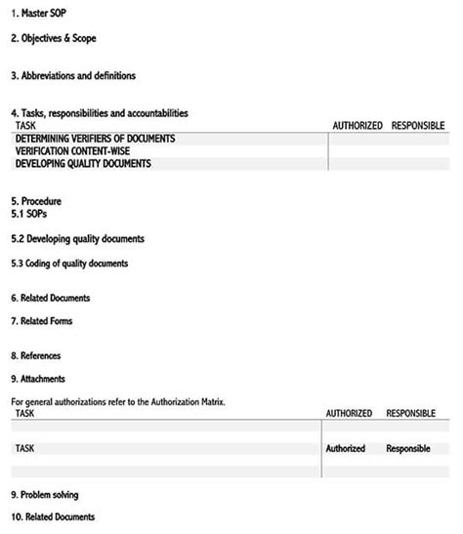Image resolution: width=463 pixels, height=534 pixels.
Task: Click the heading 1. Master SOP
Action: pos(39,12)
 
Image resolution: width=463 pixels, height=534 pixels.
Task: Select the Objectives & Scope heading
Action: pos(54,38)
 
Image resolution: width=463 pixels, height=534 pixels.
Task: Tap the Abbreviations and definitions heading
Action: pos(73,75)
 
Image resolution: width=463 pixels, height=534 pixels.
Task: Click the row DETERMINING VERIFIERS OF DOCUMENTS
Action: pos(95,139)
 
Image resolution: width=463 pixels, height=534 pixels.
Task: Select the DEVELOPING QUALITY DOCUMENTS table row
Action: pos(83,164)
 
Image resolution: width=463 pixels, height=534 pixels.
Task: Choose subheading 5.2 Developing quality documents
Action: pos(77,238)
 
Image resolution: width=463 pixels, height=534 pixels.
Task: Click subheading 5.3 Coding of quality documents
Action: pos(69,264)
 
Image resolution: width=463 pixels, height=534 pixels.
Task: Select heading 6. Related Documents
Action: pos(51,298)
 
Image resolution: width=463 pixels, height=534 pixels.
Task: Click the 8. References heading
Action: pos(36,356)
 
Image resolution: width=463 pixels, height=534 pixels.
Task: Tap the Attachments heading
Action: pos(38,379)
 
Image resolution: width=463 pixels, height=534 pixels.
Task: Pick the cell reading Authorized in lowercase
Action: pos(346,449)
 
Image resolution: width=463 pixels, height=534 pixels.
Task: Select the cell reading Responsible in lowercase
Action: pos(408,449)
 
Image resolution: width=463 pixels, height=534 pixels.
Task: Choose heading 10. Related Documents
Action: pos(53,517)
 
